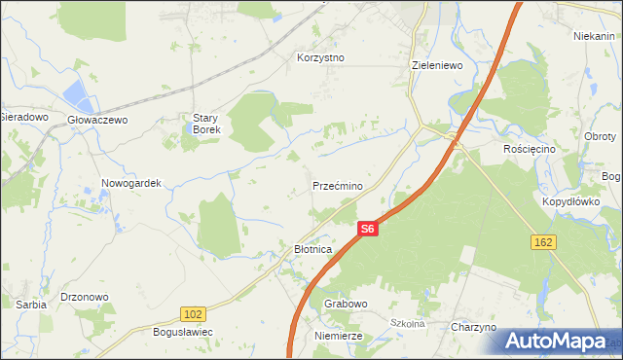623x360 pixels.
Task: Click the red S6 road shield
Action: point(366,229)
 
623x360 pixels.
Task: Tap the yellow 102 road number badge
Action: point(193,313)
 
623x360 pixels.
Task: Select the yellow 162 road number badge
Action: point(544,240)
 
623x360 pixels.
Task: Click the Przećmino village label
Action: point(338,186)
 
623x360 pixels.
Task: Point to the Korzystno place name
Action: point(321,57)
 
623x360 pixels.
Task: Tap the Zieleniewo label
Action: point(437,65)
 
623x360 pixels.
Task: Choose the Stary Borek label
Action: point(205,124)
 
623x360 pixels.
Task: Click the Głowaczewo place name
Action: point(98,120)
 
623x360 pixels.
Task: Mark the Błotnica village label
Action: point(313,250)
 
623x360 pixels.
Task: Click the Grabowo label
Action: point(346,304)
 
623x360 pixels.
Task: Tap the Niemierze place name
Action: point(339,336)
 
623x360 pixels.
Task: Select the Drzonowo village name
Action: point(84,297)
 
